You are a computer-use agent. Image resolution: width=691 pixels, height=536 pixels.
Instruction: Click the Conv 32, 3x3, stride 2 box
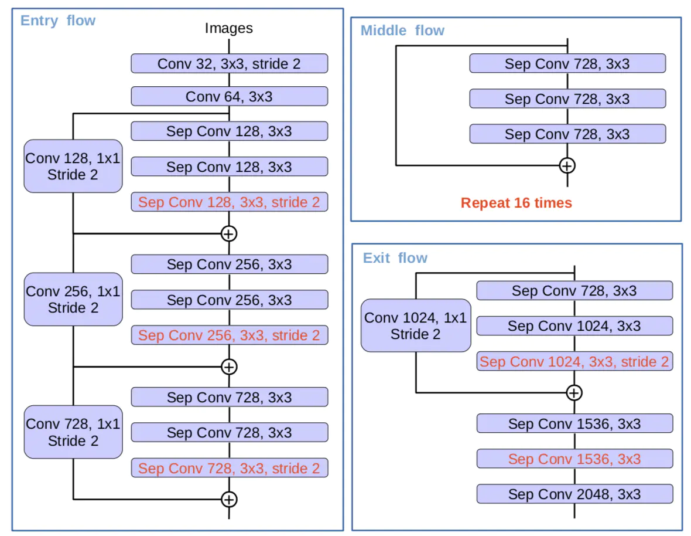(229, 63)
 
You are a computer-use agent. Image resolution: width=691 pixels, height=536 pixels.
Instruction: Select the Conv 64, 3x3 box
(229, 96)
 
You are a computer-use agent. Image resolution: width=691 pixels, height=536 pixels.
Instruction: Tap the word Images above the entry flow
(229, 28)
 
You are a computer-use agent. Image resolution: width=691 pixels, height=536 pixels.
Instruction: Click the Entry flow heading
(58, 21)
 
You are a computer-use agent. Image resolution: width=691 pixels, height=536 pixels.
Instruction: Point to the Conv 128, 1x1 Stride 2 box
(73, 166)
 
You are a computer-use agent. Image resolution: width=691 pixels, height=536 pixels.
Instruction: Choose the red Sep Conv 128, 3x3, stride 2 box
(229, 202)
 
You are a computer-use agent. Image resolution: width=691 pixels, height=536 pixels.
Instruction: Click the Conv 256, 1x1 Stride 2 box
(73, 299)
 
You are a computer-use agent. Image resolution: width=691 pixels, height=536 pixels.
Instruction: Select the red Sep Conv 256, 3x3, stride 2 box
(229, 335)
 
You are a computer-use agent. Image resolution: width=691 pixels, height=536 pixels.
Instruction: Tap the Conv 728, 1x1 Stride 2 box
(73, 432)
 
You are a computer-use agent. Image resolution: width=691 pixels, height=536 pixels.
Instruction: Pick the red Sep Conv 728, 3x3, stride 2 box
(229, 468)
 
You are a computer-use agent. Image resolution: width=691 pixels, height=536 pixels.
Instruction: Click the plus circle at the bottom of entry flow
(229, 499)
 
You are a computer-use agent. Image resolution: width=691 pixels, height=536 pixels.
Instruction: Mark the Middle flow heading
(402, 30)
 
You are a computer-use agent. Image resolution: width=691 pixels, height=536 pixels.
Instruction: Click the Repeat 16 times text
(516, 203)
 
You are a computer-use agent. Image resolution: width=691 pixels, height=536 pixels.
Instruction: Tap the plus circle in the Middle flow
(567, 165)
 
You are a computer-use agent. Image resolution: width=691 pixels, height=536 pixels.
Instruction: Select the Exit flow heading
(395, 258)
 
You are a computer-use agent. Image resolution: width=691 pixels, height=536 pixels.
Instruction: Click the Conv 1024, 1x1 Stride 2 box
(416, 325)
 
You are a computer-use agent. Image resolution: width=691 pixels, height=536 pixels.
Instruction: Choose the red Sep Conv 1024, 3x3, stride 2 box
(574, 361)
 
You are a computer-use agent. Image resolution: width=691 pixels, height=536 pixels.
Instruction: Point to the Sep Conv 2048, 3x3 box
(574, 494)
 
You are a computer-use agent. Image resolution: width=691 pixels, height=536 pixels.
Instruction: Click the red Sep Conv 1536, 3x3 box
(574, 459)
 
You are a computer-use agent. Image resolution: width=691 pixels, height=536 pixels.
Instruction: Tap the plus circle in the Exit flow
(574, 392)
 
